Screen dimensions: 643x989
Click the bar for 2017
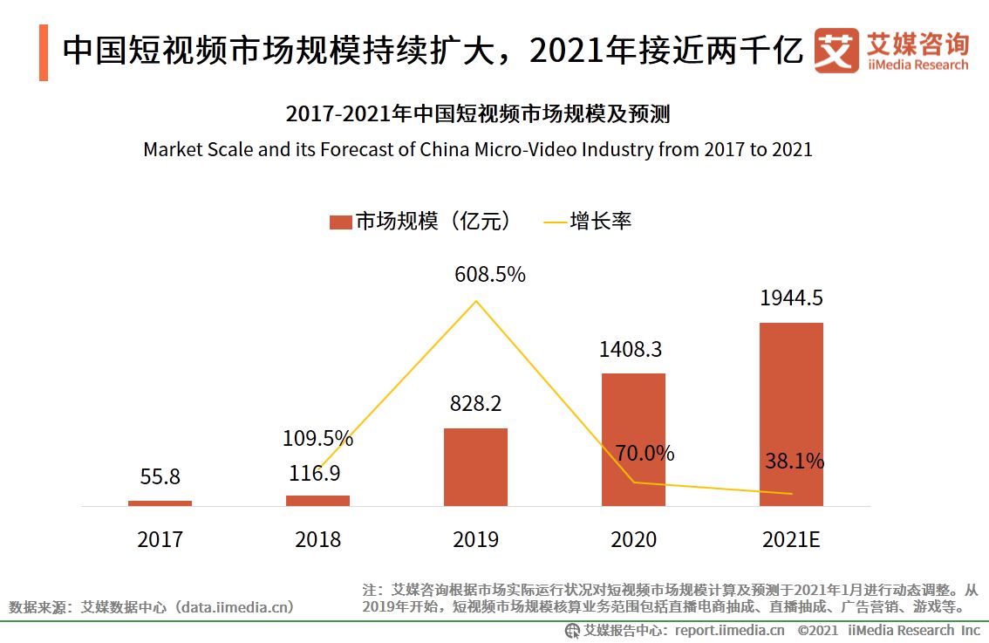pyautogui.click(x=160, y=503)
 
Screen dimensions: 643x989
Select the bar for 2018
pyautogui.click(x=317, y=500)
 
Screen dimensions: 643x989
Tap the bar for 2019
pyautogui.click(x=475, y=467)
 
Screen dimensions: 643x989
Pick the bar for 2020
pyautogui.click(x=633, y=440)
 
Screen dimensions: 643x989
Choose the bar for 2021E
pyautogui.click(x=791, y=414)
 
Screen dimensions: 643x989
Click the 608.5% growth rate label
pyautogui.click(x=489, y=275)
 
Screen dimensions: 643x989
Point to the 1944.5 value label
pyautogui.click(x=791, y=298)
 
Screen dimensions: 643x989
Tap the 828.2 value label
pyautogui.click(x=475, y=404)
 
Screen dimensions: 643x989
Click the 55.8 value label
pyautogui.click(x=160, y=477)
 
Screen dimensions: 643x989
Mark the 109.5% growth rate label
pyautogui.click(x=317, y=438)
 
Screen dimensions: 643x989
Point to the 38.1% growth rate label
pyautogui.click(x=795, y=462)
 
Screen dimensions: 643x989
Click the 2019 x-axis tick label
pyautogui.click(x=475, y=540)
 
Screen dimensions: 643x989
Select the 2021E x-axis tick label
pyautogui.click(x=791, y=540)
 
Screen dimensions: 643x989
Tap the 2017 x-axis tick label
pyautogui.click(x=160, y=540)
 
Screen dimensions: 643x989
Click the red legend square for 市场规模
pyautogui.click(x=340, y=222)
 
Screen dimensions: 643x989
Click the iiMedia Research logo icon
pyautogui.click(x=836, y=51)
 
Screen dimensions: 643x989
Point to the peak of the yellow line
pyautogui.click(x=475, y=301)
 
